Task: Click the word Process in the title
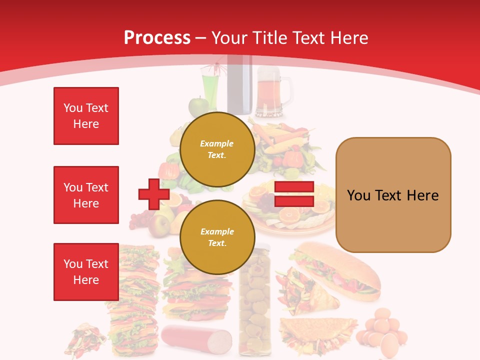coord(157,37)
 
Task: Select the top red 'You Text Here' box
coord(86,116)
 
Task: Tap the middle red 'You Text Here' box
coord(86,195)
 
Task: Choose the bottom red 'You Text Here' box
coord(86,272)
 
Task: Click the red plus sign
coord(153,194)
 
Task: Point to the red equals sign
coord(294,194)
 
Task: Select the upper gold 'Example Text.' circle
coord(217,149)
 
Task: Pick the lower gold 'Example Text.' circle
coord(217,237)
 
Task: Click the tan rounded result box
coord(393,195)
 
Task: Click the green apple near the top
coord(198,106)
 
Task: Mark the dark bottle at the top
coord(239,85)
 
